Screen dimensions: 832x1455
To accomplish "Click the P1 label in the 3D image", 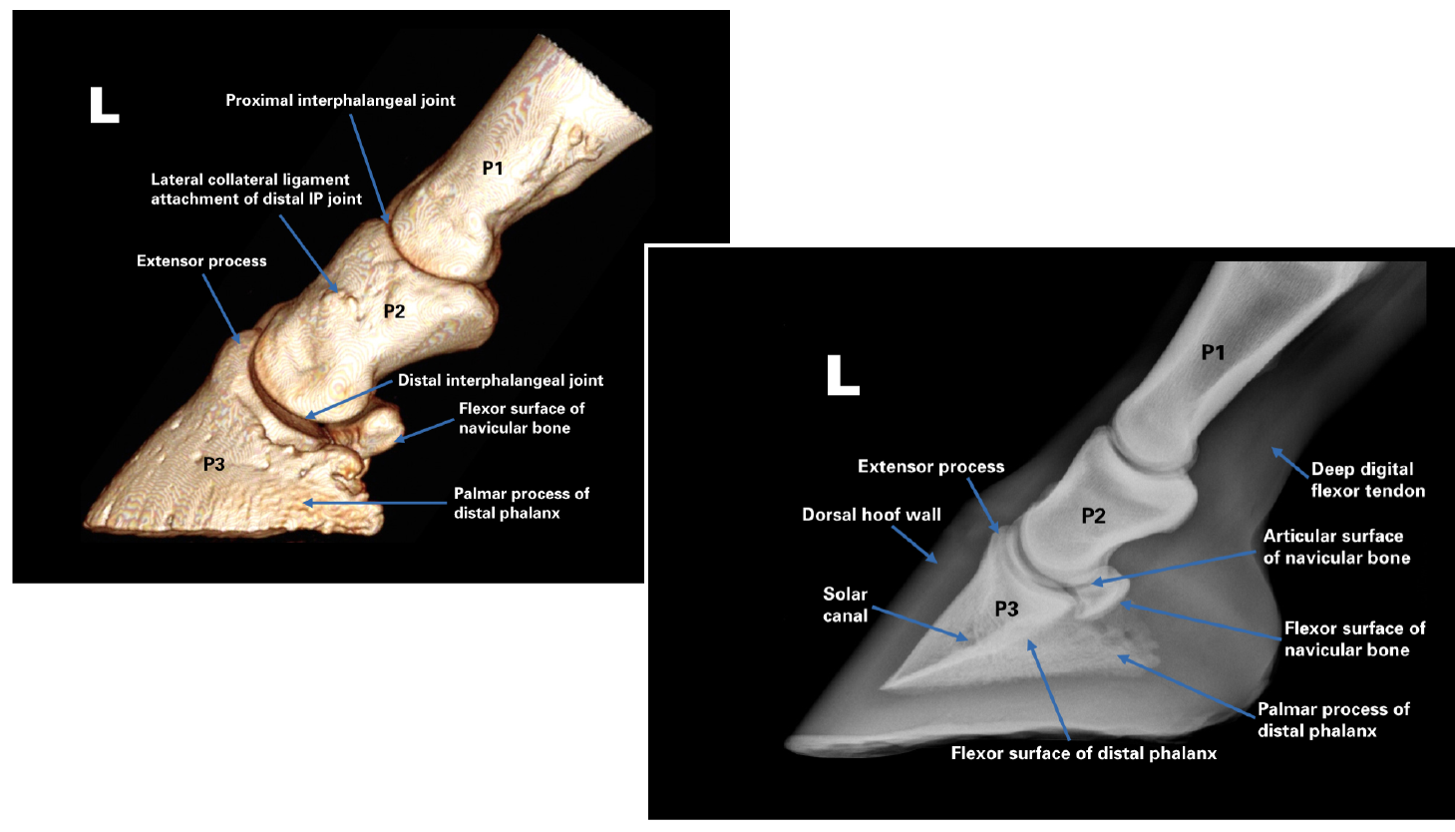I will [493, 169].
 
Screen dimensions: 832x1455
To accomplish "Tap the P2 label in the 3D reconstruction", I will [394, 311].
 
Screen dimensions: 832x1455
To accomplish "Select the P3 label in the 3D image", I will [213, 464].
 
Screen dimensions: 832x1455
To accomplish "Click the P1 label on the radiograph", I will [1213, 352].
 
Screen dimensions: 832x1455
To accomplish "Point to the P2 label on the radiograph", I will [1093, 516].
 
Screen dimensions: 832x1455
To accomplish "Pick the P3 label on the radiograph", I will [1006, 609].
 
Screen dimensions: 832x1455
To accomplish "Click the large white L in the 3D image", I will [104, 105].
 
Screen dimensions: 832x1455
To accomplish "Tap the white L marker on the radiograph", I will [843, 376].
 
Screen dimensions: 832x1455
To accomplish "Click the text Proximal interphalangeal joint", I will [340, 101].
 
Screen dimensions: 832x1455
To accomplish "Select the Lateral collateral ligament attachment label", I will [255, 190].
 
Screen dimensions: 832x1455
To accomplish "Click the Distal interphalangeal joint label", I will [500, 380].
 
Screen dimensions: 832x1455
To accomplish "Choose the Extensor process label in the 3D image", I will [201, 261].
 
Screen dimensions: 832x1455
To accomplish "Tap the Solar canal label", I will [845, 605].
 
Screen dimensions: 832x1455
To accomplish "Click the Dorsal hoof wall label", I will [871, 515].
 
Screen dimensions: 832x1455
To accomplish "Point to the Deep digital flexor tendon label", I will [1367, 480].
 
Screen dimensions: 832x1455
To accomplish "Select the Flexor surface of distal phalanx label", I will [1083, 753].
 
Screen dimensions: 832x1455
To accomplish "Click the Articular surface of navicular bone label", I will [1335, 547].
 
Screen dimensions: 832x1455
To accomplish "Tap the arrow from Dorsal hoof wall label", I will [914, 545].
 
